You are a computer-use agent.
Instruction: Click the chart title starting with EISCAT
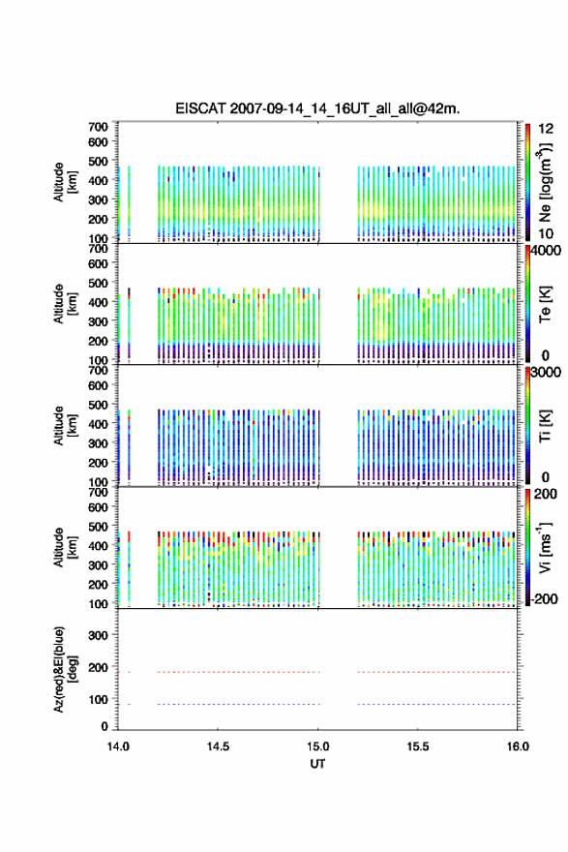pyautogui.click(x=317, y=108)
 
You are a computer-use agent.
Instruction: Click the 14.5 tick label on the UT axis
pyautogui.click(x=218, y=746)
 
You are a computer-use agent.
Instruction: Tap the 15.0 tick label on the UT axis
pyautogui.click(x=317, y=746)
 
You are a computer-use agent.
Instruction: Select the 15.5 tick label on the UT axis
pyautogui.click(x=418, y=746)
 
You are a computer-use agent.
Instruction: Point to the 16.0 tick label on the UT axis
pyautogui.click(x=518, y=746)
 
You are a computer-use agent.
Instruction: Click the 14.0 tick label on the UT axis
pyautogui.click(x=118, y=746)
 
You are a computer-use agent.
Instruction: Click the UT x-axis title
pyautogui.click(x=317, y=764)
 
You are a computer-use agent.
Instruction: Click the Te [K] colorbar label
pyautogui.click(x=545, y=304)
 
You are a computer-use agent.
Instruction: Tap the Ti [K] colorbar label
pyautogui.click(x=545, y=425)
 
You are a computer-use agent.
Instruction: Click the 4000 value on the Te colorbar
pyautogui.click(x=547, y=250)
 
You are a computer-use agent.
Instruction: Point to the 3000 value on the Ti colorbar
pyautogui.click(x=547, y=372)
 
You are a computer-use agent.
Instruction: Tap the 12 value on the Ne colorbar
pyautogui.click(x=546, y=129)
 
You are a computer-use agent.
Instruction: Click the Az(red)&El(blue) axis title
pyautogui.click(x=64, y=669)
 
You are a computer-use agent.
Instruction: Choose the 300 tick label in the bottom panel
pyautogui.click(x=98, y=635)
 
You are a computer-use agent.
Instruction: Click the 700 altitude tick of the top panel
pyautogui.click(x=98, y=127)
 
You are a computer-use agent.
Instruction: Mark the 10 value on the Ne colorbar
pyautogui.click(x=546, y=233)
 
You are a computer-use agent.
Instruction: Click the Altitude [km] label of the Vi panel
pyautogui.click(x=64, y=547)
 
